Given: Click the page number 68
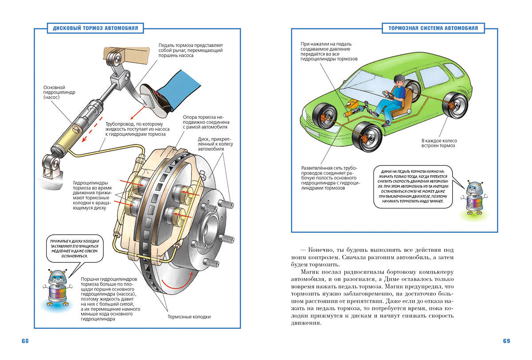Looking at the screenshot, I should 25,341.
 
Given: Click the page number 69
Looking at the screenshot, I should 506,341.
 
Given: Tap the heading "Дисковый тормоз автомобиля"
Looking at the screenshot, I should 95,28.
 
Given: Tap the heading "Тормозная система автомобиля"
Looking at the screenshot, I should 433,28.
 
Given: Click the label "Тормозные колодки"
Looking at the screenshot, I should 189,317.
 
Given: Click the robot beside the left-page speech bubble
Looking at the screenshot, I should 57,288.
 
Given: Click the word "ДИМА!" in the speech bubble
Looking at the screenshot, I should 382,171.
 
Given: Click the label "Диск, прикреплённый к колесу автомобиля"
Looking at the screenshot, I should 215,145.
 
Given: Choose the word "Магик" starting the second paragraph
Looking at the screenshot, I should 310,271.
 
